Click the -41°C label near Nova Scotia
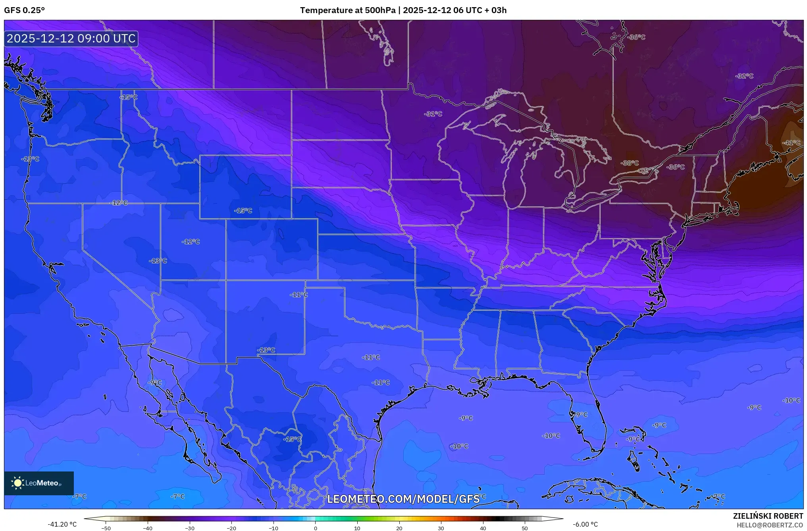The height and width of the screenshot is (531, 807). pos(791,143)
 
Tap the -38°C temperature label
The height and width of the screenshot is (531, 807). pos(630,163)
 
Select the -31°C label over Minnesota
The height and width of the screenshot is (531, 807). pos(433,114)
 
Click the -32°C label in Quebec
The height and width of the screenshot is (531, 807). pos(744,76)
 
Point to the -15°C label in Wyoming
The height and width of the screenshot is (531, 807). pos(243,211)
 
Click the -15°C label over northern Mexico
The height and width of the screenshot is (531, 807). pos(292,439)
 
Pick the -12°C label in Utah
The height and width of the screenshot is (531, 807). pos(191,242)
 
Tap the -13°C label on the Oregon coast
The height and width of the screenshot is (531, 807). pos(30,159)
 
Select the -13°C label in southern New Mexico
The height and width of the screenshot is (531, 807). pos(266,350)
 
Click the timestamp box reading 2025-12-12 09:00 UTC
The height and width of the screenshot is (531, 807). pos(71,38)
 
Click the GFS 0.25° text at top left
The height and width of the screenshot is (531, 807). pos(24,10)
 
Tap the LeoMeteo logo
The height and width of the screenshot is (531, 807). pos(39,483)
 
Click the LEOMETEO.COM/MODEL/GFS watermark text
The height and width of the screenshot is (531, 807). pos(403,499)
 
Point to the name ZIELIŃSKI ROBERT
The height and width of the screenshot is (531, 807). pos(768,516)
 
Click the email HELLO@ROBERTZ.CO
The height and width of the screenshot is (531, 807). pos(770,525)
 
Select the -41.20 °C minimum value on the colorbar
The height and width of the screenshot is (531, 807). pos(62,524)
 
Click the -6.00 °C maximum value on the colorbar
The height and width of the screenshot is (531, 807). pos(585,524)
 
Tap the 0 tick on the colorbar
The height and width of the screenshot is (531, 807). pos(315,528)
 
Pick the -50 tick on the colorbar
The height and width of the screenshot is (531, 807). pos(106,528)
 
